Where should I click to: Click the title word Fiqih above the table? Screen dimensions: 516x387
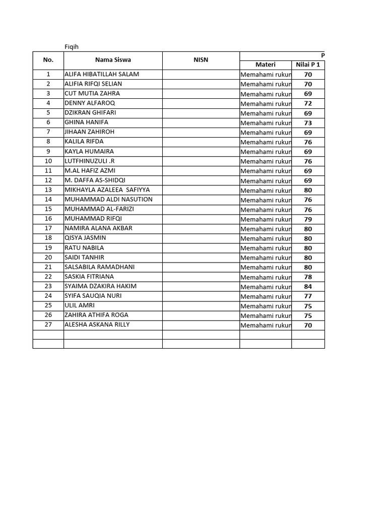(72, 47)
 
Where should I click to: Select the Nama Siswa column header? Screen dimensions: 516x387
(113, 60)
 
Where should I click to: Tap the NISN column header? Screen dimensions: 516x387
(201, 60)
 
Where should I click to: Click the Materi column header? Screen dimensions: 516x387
(265, 64)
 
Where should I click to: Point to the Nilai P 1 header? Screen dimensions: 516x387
(308, 64)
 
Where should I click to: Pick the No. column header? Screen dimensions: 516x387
(48, 60)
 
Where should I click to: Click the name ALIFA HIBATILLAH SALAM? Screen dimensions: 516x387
(102, 74)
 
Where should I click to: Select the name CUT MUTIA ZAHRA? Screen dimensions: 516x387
(92, 93)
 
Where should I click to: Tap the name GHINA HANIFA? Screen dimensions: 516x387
(86, 122)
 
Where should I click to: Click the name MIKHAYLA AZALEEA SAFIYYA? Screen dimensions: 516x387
(107, 189)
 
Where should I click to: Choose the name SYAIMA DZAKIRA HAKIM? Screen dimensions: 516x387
(101, 286)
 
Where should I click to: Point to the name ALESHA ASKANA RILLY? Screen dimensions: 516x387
(97, 325)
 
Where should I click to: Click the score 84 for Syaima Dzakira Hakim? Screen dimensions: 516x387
(308, 287)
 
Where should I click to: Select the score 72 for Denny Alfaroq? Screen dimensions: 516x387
(308, 104)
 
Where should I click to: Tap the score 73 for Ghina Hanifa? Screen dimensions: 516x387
(308, 123)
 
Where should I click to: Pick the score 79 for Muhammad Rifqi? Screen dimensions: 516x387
(308, 219)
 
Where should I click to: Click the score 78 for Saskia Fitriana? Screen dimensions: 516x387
(308, 277)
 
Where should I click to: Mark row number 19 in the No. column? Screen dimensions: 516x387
(48, 247)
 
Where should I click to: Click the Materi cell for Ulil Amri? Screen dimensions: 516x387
(266, 306)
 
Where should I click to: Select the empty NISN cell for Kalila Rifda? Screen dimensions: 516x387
(201, 142)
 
